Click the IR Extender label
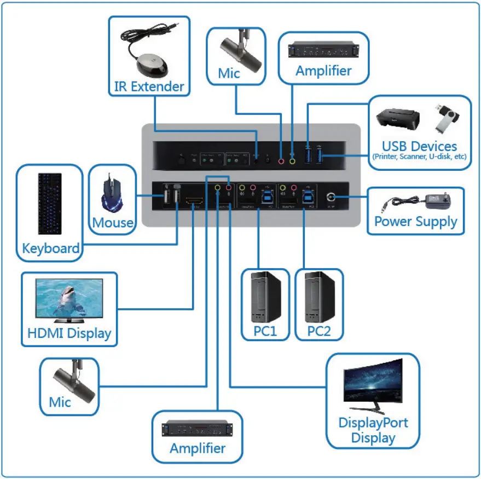149,86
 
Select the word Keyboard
50,248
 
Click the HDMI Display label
69,333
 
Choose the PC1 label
265,331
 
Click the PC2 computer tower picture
318,296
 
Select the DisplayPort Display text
373,430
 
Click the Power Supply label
415,222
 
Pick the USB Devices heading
419,146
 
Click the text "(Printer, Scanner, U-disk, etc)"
419,157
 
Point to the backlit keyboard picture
51,203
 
